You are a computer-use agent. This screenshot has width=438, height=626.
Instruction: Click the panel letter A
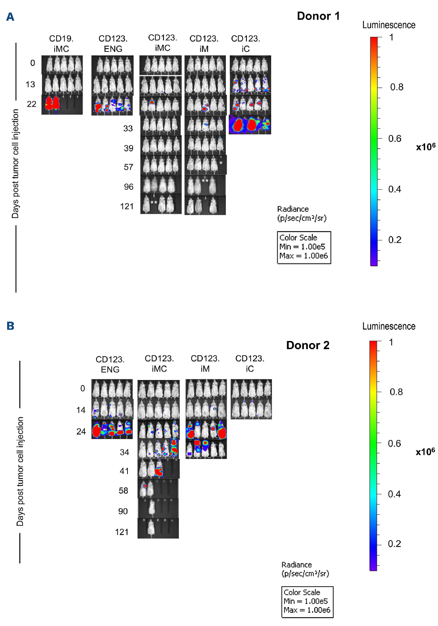(10, 17)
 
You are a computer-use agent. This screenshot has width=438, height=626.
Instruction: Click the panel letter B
(11, 326)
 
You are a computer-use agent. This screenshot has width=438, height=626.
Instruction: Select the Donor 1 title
(318, 16)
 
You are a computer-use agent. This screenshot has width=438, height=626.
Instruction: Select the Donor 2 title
(307, 345)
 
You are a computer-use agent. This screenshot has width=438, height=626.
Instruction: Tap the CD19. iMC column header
(61, 44)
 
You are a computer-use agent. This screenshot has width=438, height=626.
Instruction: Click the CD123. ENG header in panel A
(113, 44)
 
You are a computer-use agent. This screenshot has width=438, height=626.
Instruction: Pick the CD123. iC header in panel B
(250, 363)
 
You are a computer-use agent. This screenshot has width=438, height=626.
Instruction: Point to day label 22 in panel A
(32, 104)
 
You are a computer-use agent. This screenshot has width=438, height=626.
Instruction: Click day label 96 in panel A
(129, 187)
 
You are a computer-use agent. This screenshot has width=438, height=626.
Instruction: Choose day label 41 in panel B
(124, 471)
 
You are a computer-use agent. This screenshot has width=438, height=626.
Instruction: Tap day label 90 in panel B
(123, 511)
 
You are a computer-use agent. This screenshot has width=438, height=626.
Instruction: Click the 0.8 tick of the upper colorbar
(397, 87)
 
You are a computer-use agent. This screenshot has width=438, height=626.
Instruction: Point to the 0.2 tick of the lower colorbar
(394, 544)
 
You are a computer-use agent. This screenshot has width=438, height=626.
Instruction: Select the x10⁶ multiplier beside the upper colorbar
(426, 147)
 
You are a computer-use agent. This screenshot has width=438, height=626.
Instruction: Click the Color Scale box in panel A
(304, 247)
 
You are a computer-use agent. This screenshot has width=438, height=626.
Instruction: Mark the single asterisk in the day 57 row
(221, 164)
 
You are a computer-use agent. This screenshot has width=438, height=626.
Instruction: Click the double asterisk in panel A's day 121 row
(154, 203)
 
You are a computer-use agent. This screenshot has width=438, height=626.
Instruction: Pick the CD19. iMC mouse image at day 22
(62, 105)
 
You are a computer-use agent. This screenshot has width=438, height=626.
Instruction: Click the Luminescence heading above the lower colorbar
(389, 326)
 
